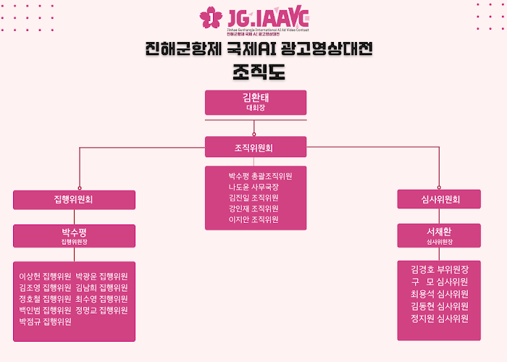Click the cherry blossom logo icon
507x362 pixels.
click(x=211, y=17)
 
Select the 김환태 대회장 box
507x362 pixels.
click(x=255, y=102)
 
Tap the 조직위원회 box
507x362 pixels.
click(x=255, y=148)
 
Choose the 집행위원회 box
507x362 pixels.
click(x=74, y=199)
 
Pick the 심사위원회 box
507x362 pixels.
click(x=439, y=199)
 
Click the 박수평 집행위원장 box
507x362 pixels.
click(x=74, y=236)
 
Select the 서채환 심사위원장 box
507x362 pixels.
click(x=439, y=236)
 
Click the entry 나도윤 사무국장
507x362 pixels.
click(x=253, y=186)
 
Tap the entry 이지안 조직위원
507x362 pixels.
click(x=253, y=219)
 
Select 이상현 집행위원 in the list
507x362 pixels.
click(x=45, y=276)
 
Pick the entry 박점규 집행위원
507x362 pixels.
click(x=45, y=321)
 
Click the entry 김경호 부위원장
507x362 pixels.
click(x=439, y=269)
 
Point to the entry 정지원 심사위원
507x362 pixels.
click(x=439, y=319)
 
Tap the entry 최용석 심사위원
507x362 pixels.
click(x=439, y=294)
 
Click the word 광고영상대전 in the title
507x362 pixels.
click(x=330, y=49)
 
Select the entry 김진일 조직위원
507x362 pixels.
click(x=253, y=197)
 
